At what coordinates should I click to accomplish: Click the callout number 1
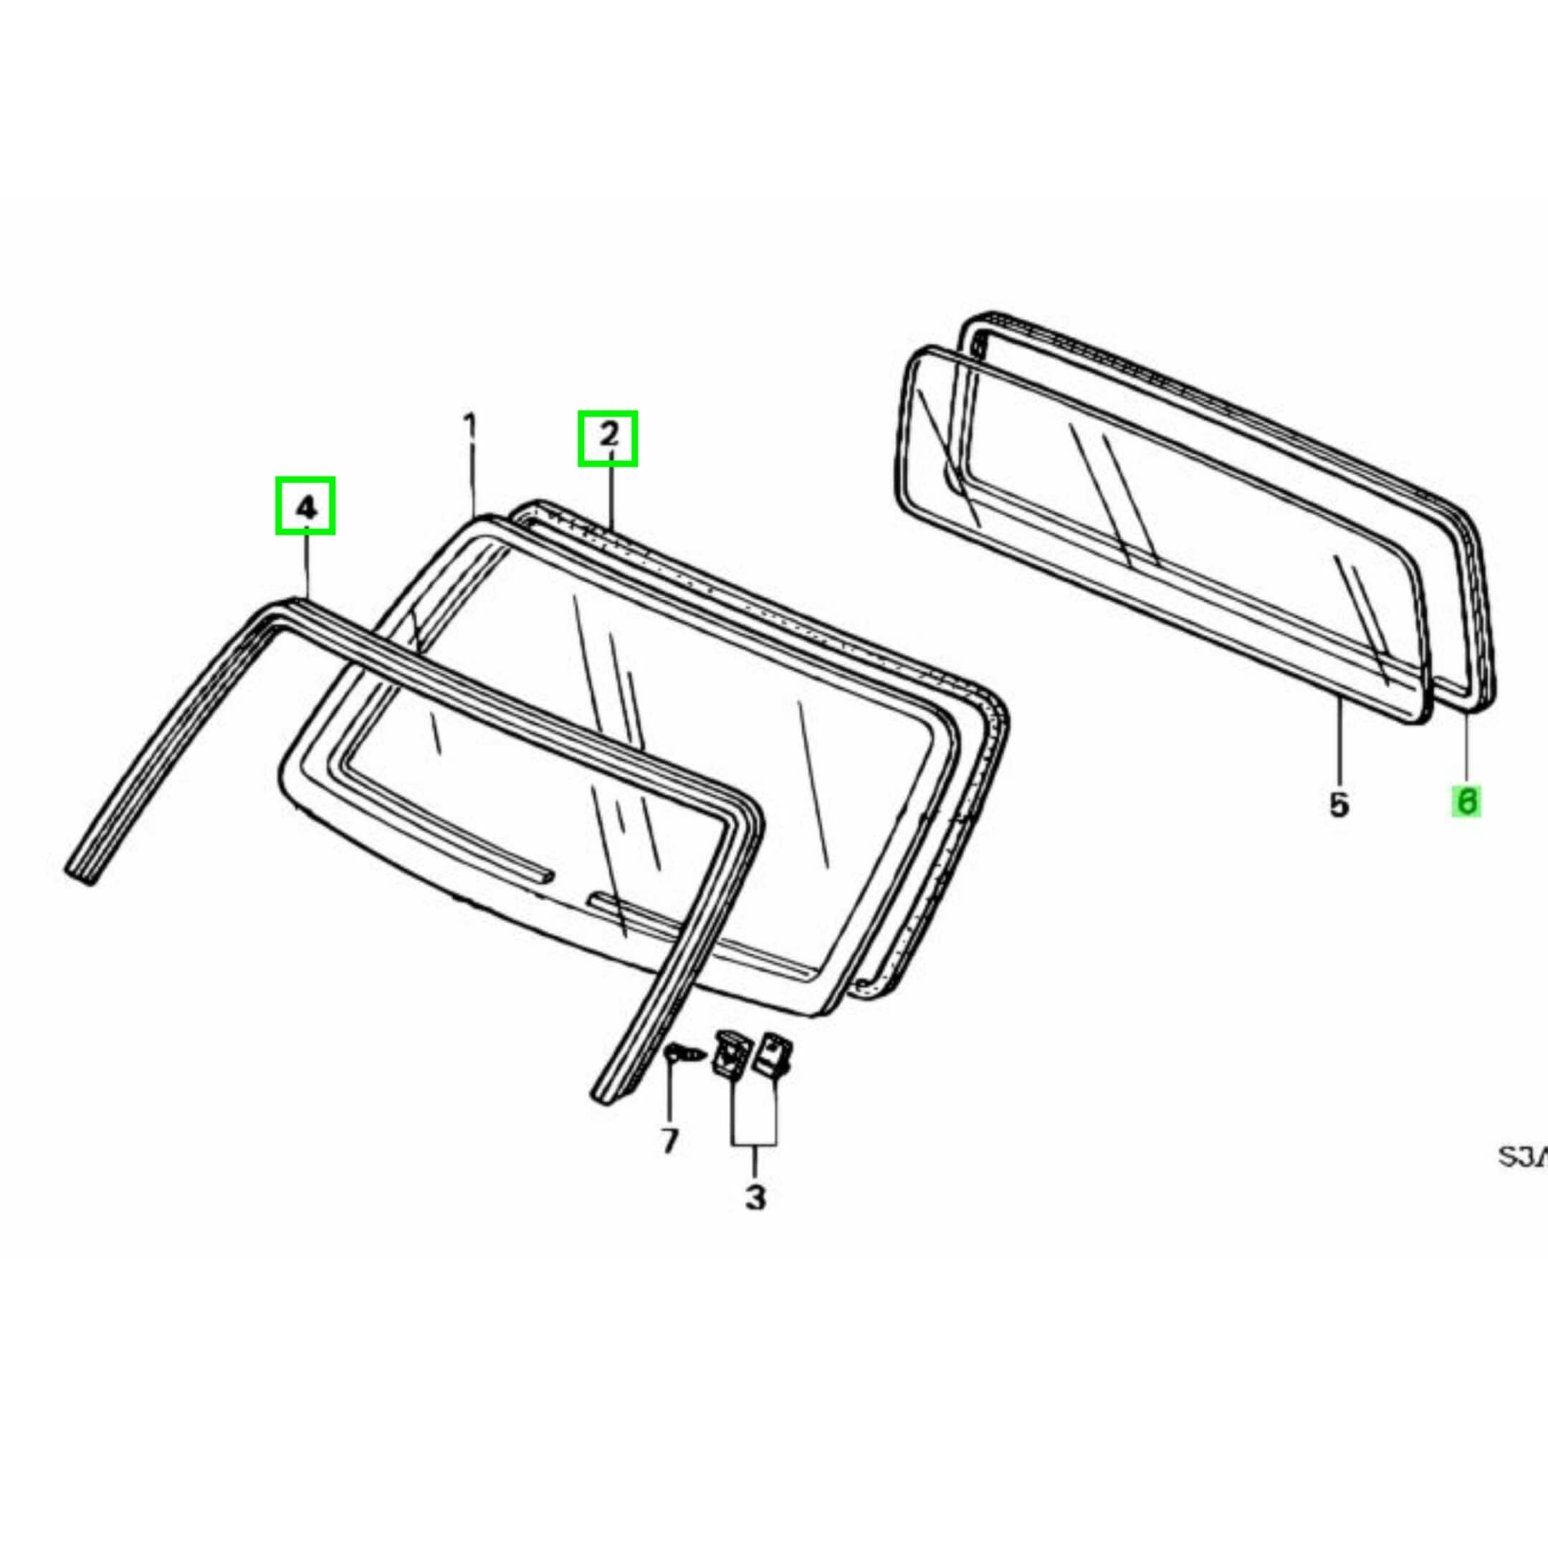tap(470, 426)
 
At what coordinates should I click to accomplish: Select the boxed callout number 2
tap(608, 437)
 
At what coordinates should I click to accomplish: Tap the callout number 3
tap(755, 1197)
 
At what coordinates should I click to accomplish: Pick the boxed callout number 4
tap(305, 505)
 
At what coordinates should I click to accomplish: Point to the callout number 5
tap(1339, 803)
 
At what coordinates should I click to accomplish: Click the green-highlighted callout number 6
tap(1466, 802)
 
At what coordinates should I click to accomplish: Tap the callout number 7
tap(670, 1139)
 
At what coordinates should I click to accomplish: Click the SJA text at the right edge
tap(1522, 1157)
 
